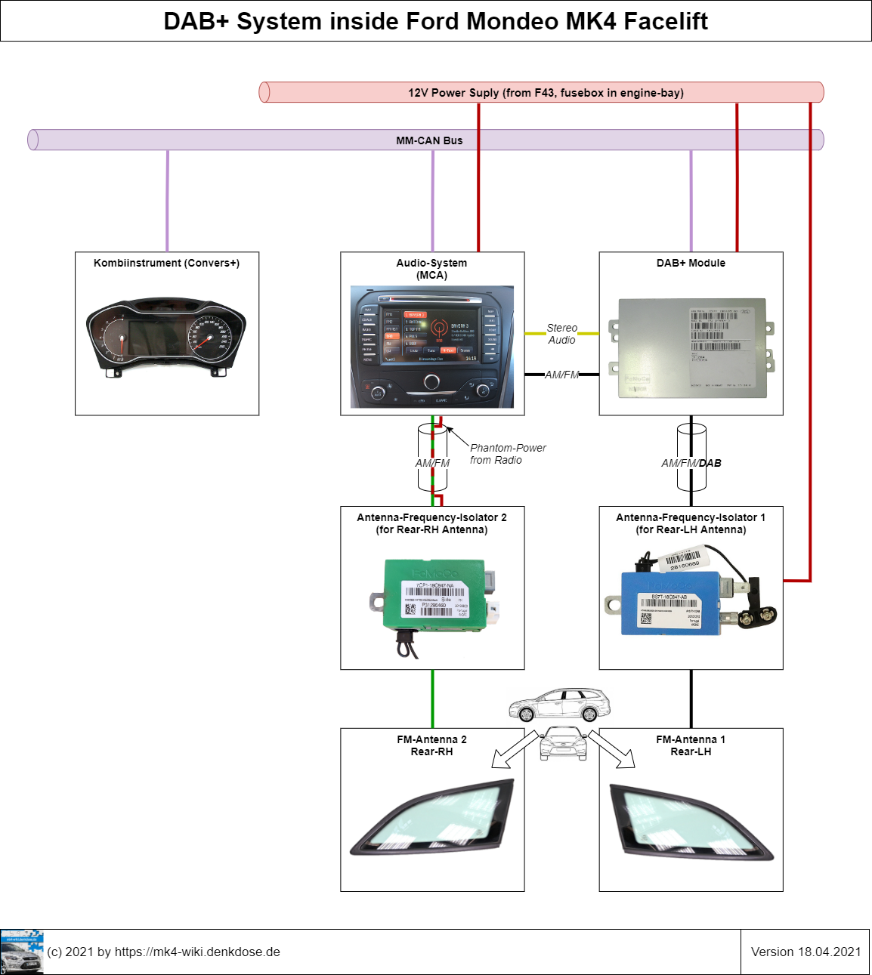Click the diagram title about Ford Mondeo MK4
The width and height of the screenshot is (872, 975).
[435, 21]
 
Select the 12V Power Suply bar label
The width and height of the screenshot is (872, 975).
[546, 93]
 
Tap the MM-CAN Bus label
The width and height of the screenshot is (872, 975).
[429, 140]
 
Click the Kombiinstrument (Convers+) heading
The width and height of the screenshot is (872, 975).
[166, 263]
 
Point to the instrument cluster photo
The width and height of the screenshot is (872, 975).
[167, 338]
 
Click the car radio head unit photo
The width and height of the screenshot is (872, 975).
[431, 347]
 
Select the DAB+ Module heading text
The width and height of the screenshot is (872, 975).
[691, 263]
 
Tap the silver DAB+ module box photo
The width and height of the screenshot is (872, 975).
[691, 347]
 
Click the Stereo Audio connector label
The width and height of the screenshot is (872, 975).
[561, 334]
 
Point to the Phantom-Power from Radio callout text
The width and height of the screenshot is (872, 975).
[507, 454]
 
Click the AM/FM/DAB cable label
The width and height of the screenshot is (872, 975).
[691, 463]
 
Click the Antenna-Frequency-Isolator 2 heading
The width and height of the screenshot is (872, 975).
[431, 523]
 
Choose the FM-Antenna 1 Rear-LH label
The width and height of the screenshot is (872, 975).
[691, 745]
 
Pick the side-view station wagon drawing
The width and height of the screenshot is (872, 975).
[560, 705]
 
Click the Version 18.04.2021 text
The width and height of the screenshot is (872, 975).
[806, 952]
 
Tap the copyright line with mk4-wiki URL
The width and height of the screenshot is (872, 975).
[163, 952]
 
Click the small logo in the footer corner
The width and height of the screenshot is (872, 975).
[22, 952]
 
